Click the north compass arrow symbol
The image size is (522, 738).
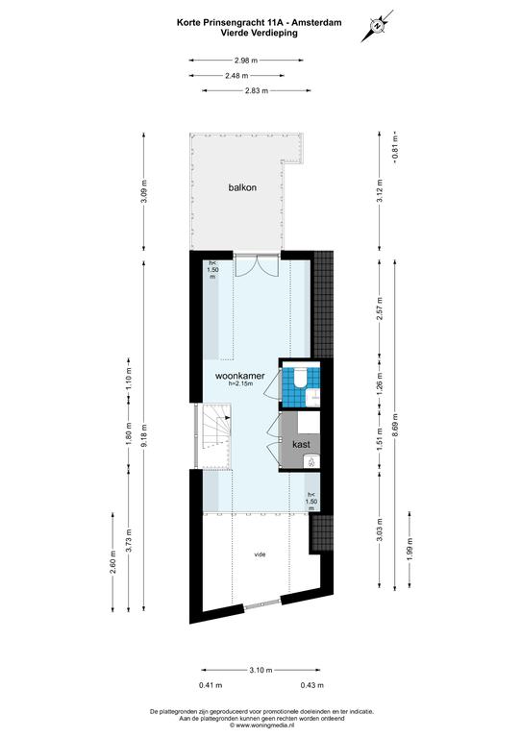click(x=377, y=26)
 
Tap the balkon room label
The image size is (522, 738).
click(x=242, y=187)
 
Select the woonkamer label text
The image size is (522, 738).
click(x=239, y=376)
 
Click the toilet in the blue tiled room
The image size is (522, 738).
click(x=299, y=379)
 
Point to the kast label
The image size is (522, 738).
click(x=301, y=444)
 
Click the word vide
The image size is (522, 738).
click(x=260, y=554)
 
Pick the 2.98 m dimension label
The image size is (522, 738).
click(x=246, y=61)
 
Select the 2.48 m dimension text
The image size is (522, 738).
click(x=236, y=75)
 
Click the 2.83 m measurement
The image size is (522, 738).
click(x=257, y=91)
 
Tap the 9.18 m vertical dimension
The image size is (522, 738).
click(x=144, y=436)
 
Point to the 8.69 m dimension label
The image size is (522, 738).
click(x=395, y=425)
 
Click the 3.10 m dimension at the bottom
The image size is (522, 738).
click(x=261, y=670)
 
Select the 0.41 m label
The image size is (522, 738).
click(x=211, y=685)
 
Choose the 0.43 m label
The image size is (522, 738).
click(x=312, y=685)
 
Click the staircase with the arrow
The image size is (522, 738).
click(x=217, y=428)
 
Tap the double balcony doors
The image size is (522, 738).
click(x=258, y=266)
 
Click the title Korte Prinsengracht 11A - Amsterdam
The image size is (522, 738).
click(x=260, y=22)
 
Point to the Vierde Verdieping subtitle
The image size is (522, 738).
click(x=260, y=33)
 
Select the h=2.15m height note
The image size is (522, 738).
click(x=241, y=384)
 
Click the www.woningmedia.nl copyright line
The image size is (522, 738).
click(x=261, y=726)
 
